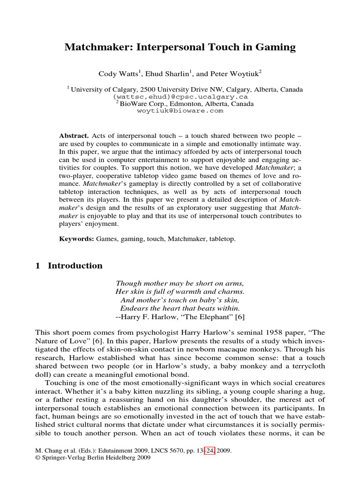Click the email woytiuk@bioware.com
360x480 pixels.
point(180,111)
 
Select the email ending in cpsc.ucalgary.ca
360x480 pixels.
point(180,96)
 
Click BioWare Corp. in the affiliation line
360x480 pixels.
point(140,104)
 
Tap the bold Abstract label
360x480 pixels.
point(72,135)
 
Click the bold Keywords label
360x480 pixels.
point(76,239)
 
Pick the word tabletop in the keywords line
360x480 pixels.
point(223,239)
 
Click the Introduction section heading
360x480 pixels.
point(75,266)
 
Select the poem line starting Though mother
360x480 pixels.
point(180,284)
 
